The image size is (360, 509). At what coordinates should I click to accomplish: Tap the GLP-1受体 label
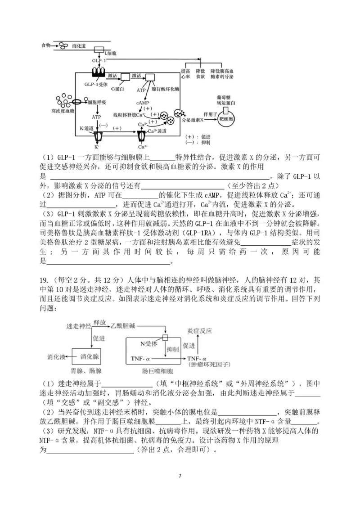click(x=96, y=84)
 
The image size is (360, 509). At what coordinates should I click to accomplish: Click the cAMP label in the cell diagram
click(x=142, y=103)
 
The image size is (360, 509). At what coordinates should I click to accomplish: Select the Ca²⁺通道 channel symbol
click(x=143, y=135)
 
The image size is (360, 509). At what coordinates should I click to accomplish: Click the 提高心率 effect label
click(x=186, y=74)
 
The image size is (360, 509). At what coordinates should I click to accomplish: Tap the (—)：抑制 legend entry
click(x=198, y=143)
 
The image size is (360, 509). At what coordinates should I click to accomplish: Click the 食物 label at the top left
click(x=45, y=45)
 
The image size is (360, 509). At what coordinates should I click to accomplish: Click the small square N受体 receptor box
click(x=165, y=337)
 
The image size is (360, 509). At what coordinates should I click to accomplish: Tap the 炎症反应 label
click(x=199, y=330)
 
